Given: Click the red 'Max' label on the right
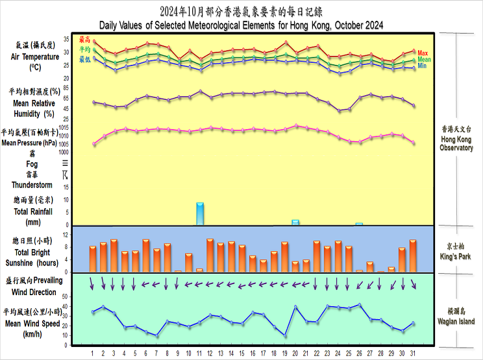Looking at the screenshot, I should (423, 53).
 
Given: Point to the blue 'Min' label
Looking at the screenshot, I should (422, 66).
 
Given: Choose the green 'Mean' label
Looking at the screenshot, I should (425, 59).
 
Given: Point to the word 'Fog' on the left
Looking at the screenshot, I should (32, 164).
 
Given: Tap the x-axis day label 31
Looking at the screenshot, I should (413, 354).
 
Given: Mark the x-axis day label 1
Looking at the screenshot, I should (93, 354).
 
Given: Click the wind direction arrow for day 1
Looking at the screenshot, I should (92, 283).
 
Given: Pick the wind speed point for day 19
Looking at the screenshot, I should (285, 335).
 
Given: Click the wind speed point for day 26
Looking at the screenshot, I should (360, 304).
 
